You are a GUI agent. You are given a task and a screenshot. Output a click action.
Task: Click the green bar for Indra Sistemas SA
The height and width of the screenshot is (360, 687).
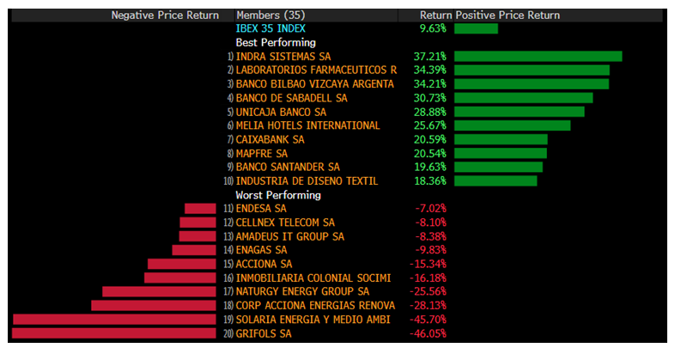[x=538, y=57]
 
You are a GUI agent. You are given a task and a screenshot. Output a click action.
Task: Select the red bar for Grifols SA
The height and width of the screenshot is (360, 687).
[x=115, y=333]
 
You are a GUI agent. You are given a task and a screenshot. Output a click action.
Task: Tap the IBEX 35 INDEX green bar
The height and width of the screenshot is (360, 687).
[x=476, y=28]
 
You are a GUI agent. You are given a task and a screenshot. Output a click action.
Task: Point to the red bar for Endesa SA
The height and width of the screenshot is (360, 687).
[x=200, y=209]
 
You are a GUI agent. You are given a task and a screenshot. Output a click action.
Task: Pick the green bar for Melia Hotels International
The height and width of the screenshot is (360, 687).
[x=512, y=125]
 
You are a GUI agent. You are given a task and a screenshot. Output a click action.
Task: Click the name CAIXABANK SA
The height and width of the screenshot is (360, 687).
[x=270, y=139]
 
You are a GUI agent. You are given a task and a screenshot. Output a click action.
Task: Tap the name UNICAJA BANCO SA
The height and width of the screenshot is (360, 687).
[x=281, y=112]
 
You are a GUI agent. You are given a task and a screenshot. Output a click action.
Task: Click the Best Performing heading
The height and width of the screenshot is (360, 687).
[x=276, y=42]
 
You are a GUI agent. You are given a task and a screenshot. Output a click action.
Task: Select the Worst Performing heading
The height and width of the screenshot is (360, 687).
[x=278, y=195]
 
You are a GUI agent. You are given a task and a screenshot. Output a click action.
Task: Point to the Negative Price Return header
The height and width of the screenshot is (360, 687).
[x=165, y=15]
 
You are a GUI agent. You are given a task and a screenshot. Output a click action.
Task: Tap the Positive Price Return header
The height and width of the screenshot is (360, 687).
[x=508, y=15]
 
